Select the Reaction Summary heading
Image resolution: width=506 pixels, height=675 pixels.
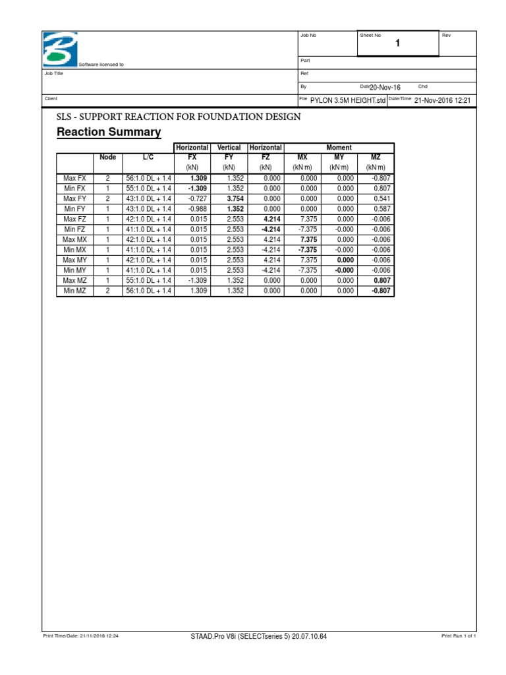coord(109,132)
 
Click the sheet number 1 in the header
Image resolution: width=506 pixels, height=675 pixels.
coord(397,44)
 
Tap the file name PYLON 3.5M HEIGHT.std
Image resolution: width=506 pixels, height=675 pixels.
coord(348,100)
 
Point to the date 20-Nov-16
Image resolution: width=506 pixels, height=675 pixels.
coord(385,87)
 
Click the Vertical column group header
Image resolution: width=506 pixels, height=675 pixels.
coord(229,148)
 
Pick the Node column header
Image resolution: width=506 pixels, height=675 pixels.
coord(107,158)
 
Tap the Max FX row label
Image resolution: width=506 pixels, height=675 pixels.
coord(74,178)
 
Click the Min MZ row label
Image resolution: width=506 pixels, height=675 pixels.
coord(74,291)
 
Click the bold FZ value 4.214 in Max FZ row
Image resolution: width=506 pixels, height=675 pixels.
coord(271,219)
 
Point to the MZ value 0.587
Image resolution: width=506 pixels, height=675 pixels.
coord(382,209)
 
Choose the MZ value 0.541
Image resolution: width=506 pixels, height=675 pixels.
coord(382,198)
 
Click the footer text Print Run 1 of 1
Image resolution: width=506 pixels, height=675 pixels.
coord(458,636)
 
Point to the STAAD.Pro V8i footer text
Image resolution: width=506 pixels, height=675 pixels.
coord(258,636)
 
